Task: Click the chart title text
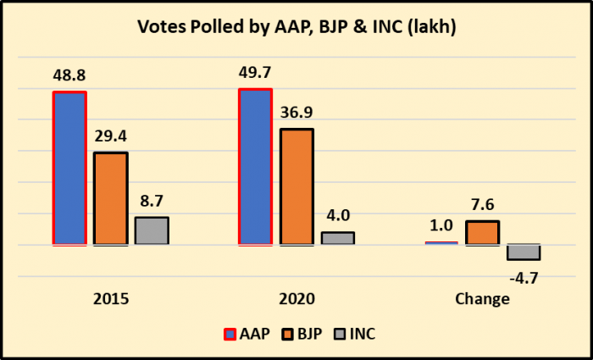click(x=296, y=27)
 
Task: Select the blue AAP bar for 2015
click(x=69, y=169)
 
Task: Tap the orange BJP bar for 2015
click(x=110, y=199)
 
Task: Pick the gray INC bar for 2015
click(x=152, y=231)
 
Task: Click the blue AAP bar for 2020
click(x=256, y=167)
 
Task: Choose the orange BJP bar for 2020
click(x=296, y=187)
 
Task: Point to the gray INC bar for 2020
click(x=337, y=238)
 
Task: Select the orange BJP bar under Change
click(x=482, y=233)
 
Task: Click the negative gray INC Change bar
click(x=524, y=252)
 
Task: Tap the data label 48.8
click(x=69, y=75)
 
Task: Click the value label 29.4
click(x=110, y=136)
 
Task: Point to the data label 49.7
click(x=256, y=73)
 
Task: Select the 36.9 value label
click(x=296, y=113)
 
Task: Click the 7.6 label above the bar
click(x=482, y=205)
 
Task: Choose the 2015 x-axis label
click(x=111, y=299)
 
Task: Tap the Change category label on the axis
click(x=482, y=299)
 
